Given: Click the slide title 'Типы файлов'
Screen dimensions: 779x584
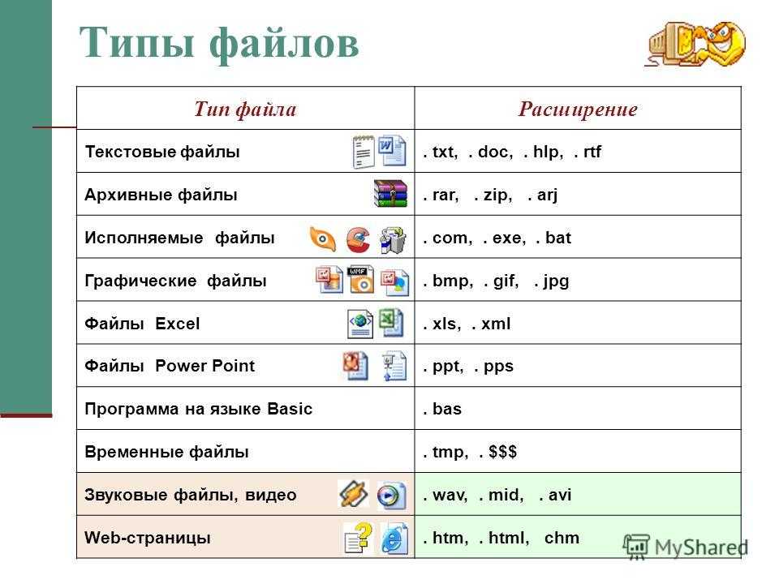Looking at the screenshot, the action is pyautogui.click(x=218, y=43).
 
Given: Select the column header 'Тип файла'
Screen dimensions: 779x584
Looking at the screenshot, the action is pyautogui.click(x=245, y=109).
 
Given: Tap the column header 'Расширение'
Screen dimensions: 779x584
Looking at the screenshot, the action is pyautogui.click(x=578, y=109).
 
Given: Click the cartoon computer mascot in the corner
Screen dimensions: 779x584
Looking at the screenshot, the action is pyautogui.click(x=695, y=44).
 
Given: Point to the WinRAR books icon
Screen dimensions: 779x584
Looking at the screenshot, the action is pyautogui.click(x=390, y=193).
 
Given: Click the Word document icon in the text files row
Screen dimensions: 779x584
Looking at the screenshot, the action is pyautogui.click(x=392, y=150).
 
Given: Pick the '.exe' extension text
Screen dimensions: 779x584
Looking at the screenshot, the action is pyautogui.click(x=504, y=238).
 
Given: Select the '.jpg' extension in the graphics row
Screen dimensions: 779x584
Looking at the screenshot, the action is pyautogui.click(x=552, y=281).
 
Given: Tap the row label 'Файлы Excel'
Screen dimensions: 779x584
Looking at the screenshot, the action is pyautogui.click(x=142, y=324).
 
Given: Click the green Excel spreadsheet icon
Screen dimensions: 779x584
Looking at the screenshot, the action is pyautogui.click(x=391, y=322).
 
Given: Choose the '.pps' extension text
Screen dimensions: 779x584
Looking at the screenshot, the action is pyautogui.click(x=493, y=367).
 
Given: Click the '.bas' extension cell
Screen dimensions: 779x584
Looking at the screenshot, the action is pyautogui.click(x=442, y=409).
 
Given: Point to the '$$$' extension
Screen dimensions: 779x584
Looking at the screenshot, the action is pyautogui.click(x=502, y=452).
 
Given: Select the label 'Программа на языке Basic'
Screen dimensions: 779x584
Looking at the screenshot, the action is pyautogui.click(x=198, y=409).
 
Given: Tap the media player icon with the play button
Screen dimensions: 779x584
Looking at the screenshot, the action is pyautogui.click(x=391, y=495).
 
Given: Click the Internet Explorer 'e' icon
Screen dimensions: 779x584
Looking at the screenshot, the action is pyautogui.click(x=394, y=538).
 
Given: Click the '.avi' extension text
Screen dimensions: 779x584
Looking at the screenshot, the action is pyautogui.click(x=555, y=495).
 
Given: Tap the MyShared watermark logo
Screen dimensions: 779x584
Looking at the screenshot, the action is pyautogui.click(x=686, y=547).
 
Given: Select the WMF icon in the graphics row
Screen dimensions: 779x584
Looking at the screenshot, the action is pyautogui.click(x=360, y=279).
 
